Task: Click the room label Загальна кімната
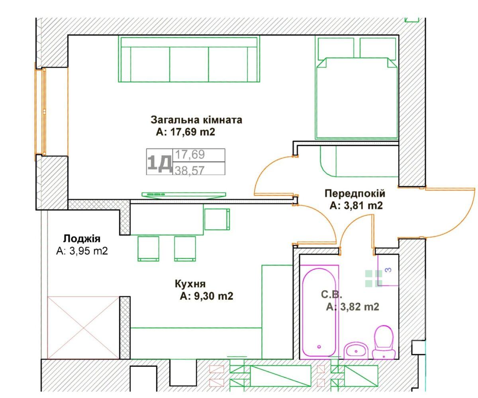[196, 120]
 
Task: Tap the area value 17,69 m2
[192, 132]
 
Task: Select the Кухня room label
[190, 284]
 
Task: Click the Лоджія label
[82, 238]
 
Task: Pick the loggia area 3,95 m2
[88, 251]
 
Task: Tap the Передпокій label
[355, 194]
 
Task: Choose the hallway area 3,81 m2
[363, 206]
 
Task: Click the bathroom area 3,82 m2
[360, 307]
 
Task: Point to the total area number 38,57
[189, 170]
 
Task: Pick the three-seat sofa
[189, 59]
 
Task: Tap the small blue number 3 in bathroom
[388, 270]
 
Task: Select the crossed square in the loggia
[84, 328]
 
